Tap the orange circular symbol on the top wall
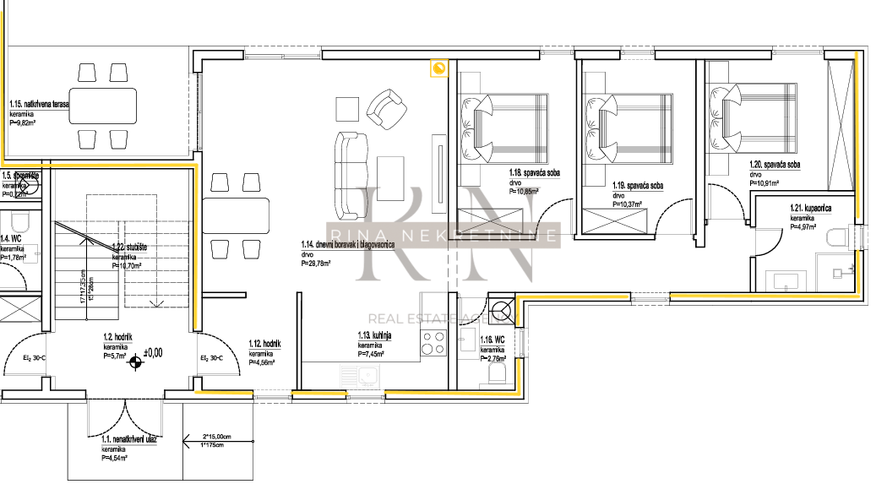(x=438, y=68)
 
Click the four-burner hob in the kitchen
(x=433, y=343)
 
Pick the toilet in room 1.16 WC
(x=498, y=372)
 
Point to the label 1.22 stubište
(x=130, y=247)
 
